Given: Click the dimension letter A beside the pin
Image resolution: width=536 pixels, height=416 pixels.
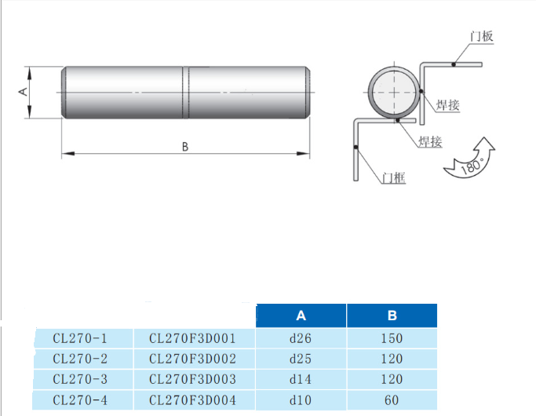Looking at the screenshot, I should point(23,92).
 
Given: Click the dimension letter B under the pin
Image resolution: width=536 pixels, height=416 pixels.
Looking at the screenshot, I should point(184,146).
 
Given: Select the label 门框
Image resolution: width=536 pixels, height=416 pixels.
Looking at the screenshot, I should point(393,178).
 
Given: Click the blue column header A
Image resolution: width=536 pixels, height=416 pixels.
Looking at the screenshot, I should point(301,316).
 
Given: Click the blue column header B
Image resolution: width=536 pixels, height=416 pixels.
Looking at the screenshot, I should point(392,316).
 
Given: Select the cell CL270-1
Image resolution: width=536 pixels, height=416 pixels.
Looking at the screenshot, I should point(79,339).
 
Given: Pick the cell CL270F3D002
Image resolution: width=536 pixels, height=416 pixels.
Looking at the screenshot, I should point(192,359).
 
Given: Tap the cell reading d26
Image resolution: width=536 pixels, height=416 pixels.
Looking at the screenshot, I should point(301,339).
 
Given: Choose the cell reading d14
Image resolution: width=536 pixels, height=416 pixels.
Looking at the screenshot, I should point(301,379).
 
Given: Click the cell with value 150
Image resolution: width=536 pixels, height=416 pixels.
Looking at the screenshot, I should point(392,339).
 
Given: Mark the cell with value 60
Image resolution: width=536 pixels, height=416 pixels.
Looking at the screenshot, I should point(392,400).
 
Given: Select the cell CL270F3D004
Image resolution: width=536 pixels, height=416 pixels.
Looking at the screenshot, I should point(192,400).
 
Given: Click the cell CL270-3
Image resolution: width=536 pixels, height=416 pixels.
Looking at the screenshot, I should point(79,379).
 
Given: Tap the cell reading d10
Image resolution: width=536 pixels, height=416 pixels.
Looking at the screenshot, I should point(301,400).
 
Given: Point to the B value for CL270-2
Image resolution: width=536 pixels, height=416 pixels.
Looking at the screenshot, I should point(392,359).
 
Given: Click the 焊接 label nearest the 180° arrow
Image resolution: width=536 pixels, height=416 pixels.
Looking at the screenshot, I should point(430,142).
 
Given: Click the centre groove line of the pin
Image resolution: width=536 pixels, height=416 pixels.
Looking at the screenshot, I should point(185,93).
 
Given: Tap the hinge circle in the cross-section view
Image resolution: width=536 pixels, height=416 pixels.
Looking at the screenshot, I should point(392,92).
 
